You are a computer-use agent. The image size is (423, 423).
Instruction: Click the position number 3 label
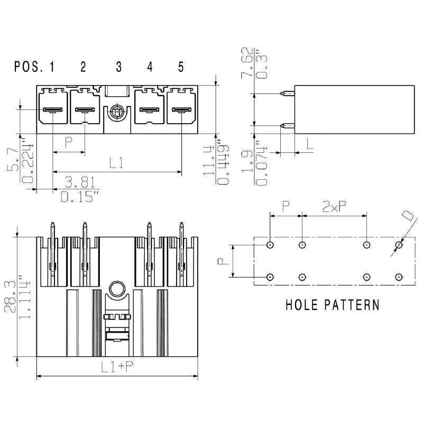coord(118,67)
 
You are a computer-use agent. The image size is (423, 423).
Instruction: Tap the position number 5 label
coord(181,67)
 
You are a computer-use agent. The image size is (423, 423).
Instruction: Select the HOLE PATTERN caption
coord(332,305)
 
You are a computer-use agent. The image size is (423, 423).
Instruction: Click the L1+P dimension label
coord(117,368)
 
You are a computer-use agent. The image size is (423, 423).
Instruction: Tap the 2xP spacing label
coord(334,207)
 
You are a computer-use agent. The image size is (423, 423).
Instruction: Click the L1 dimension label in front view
coord(117,163)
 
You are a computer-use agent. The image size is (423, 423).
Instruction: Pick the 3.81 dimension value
coord(80,182)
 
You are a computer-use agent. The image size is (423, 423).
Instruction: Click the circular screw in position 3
coord(117,113)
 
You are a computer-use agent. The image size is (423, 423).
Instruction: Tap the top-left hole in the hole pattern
coord(270,245)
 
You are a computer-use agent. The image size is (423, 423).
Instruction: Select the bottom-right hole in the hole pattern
coord(399,277)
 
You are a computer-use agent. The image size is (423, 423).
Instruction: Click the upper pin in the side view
coord(286,94)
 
